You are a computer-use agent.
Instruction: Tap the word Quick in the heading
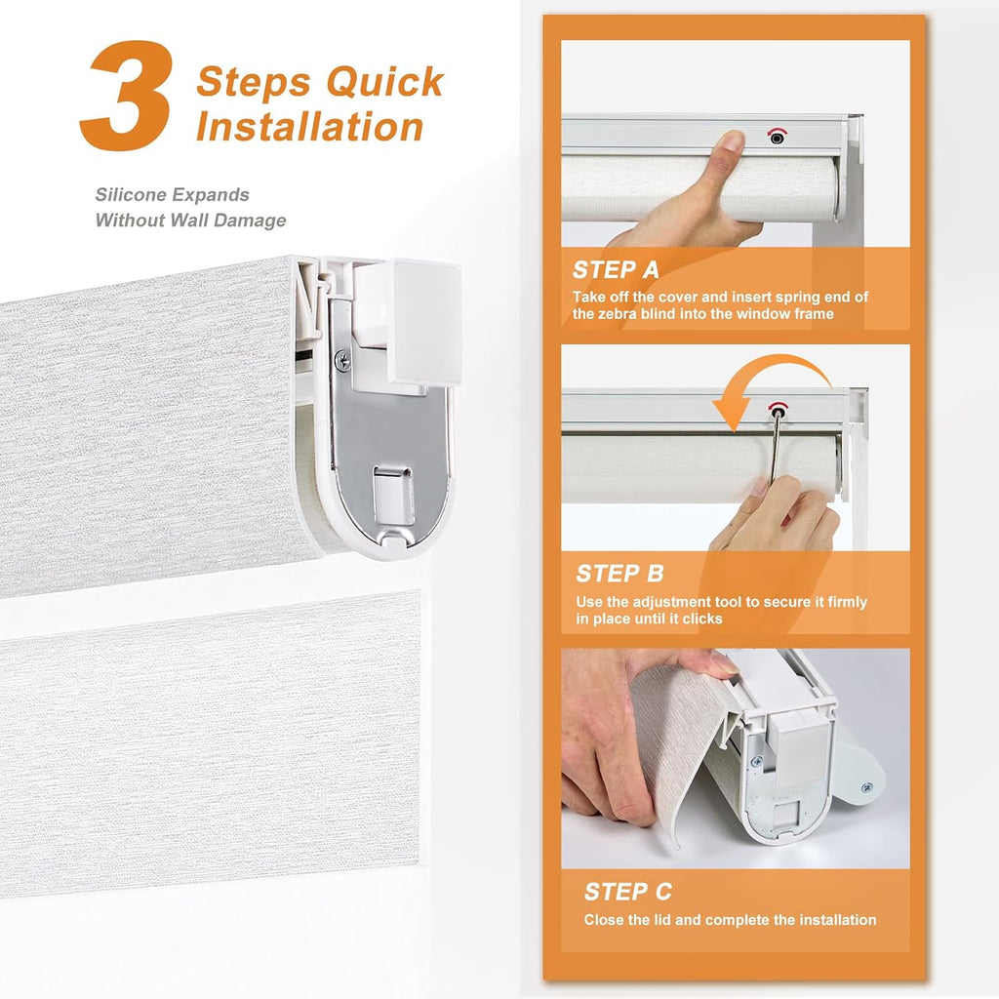pyautogui.click(x=384, y=82)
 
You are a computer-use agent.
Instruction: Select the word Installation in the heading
pyautogui.click(x=309, y=126)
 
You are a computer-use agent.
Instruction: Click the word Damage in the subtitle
pyautogui.click(x=250, y=220)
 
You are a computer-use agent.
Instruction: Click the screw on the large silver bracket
pyautogui.click(x=342, y=361)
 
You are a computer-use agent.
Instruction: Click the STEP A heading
pyautogui.click(x=616, y=270)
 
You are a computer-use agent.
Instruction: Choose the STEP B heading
pyautogui.click(x=619, y=574)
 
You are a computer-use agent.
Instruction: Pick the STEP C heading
pyautogui.click(x=627, y=892)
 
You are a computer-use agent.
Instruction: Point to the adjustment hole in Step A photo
pyautogui.click(x=777, y=137)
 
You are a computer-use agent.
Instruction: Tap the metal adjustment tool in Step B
pyautogui.click(x=776, y=446)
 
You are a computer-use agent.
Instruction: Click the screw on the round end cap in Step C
pyautogui.click(x=866, y=788)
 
